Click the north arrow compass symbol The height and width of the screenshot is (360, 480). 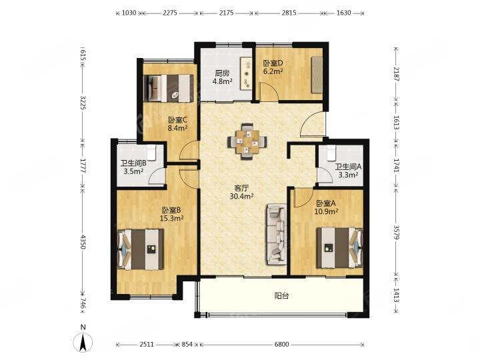(83, 342)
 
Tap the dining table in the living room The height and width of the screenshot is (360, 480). (247, 142)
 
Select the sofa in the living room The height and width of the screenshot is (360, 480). (277, 234)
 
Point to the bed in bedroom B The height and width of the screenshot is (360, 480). (141, 249)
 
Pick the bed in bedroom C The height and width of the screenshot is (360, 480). (169, 88)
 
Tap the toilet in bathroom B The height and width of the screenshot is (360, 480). (151, 153)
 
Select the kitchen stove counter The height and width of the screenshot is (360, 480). (246, 73)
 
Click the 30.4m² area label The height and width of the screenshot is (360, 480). (241, 196)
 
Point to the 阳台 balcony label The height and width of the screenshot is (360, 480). (281, 296)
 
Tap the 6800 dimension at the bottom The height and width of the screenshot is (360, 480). (281, 345)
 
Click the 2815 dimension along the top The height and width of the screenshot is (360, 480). (289, 13)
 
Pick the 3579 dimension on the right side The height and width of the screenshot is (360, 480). (397, 233)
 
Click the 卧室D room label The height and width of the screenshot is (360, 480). (273, 63)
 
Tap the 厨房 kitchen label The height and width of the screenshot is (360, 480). (222, 73)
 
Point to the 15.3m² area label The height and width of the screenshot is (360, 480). (171, 218)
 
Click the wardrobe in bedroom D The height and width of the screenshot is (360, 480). (317, 75)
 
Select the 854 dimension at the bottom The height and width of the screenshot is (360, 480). (187, 345)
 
